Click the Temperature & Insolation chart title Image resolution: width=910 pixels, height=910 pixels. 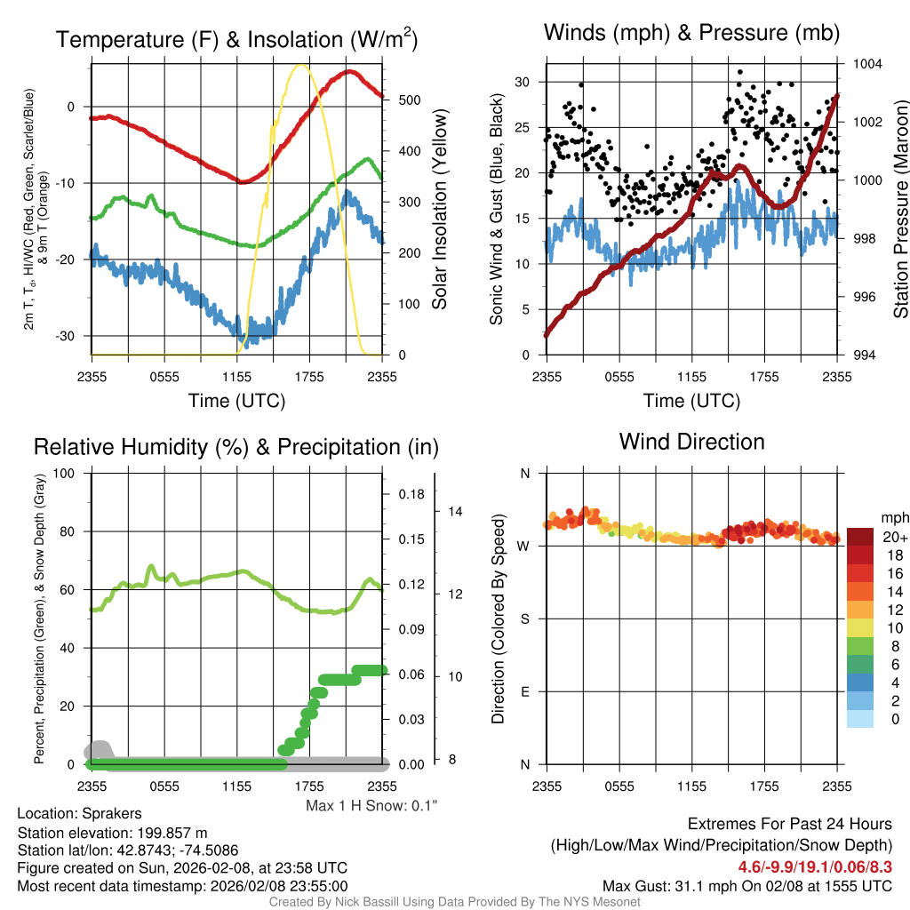[x=236, y=39]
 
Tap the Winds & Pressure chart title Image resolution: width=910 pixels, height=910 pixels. [x=691, y=33]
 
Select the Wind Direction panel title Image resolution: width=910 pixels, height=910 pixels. [x=691, y=442]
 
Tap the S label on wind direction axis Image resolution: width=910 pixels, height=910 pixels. [x=525, y=619]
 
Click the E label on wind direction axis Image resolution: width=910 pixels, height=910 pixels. [x=525, y=691]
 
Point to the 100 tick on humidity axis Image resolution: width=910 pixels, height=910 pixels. [x=63, y=473]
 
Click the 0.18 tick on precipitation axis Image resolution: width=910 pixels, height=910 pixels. [x=411, y=494]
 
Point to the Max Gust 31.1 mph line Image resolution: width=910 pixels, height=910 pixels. [x=746, y=885]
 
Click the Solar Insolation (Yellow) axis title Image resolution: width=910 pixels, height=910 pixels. [x=440, y=210]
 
